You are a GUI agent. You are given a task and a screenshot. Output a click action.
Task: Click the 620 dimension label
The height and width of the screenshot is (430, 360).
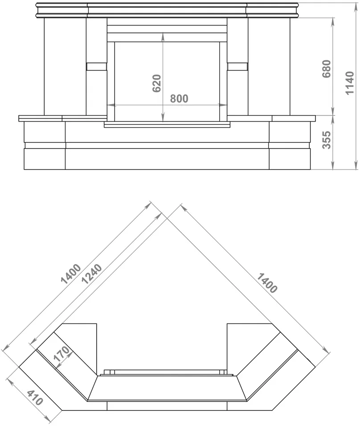click(157, 83)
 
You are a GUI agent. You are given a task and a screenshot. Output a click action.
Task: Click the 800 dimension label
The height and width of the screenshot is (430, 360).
click(179, 99)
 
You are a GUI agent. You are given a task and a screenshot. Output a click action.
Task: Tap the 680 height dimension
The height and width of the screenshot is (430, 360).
click(327, 69)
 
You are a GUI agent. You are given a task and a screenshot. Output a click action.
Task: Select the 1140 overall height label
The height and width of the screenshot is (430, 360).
click(350, 83)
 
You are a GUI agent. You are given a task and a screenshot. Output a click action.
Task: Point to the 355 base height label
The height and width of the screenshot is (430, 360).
click(327, 140)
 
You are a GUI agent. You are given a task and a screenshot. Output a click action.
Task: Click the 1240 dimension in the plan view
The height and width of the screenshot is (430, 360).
click(92, 274)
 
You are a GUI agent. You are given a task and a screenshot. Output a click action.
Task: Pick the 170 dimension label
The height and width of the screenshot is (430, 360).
click(61, 354)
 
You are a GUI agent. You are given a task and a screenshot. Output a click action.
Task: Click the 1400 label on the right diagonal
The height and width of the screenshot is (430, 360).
click(266, 283)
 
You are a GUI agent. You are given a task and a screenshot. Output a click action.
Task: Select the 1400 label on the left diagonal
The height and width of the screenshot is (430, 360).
click(71, 273)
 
